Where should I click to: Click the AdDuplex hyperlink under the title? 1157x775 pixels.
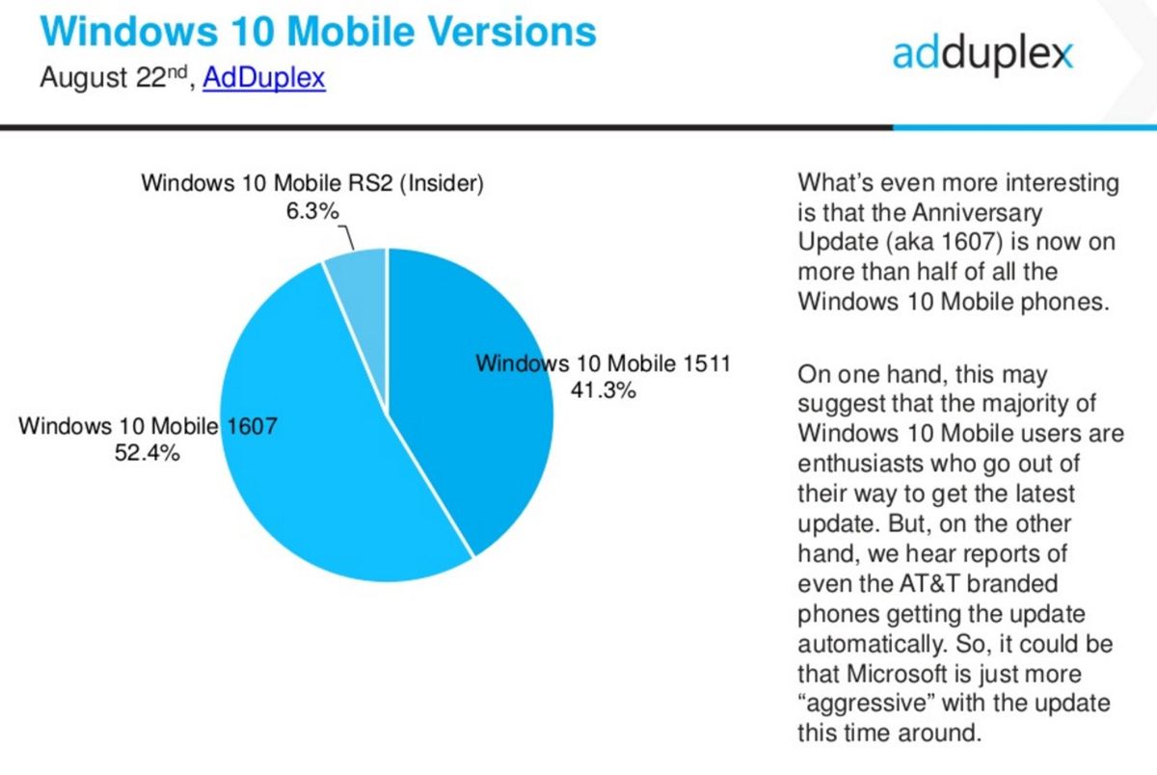[263, 78]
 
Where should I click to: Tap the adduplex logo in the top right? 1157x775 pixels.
[982, 54]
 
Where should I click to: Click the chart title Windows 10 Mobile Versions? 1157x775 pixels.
[318, 32]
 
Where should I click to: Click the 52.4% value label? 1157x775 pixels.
[147, 452]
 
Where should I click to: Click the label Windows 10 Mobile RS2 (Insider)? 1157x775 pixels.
[311, 183]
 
